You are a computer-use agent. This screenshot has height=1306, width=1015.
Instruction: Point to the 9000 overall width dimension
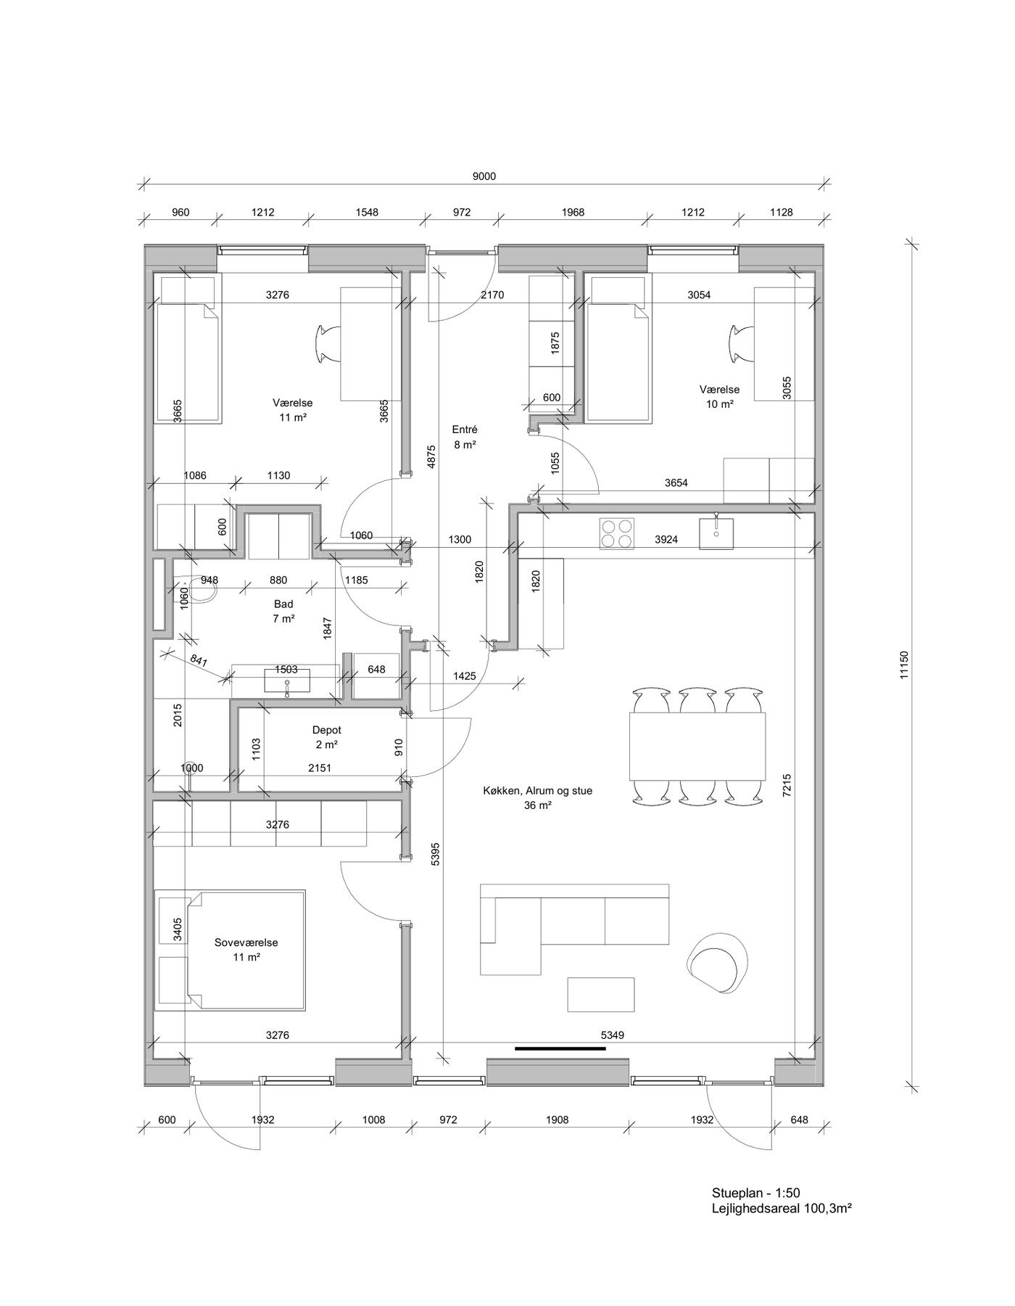point(484,176)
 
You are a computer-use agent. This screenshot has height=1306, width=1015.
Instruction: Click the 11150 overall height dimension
point(903,665)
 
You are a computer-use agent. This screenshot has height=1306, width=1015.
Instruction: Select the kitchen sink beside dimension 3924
point(716,533)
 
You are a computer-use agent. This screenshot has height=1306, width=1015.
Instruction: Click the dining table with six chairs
point(697,745)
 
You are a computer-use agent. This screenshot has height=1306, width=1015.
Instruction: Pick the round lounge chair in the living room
point(717,961)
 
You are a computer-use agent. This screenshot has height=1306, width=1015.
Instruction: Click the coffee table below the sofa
point(601,995)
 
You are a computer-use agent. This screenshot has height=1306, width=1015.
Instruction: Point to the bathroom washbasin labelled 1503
point(287,682)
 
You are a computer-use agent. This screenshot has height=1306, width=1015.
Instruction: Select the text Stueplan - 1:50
point(755,1193)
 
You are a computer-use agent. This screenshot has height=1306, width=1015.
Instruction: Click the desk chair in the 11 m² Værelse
point(327,343)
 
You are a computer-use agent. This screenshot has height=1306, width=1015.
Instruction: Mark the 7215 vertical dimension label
point(787,787)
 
